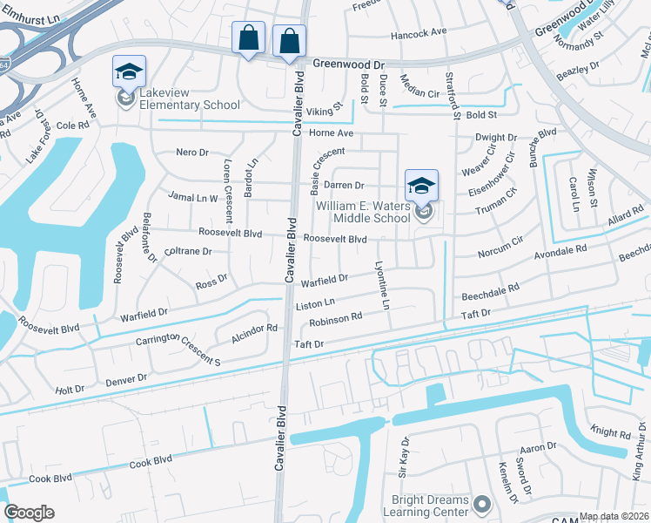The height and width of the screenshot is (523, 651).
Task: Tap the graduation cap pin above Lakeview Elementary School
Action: pyautogui.click(x=129, y=72)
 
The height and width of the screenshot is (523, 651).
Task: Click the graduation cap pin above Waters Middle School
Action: pyautogui.click(x=421, y=186)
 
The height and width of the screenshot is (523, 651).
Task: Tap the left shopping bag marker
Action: pyautogui.click(x=249, y=39)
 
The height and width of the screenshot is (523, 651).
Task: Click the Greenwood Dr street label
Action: pyautogui.click(x=348, y=65)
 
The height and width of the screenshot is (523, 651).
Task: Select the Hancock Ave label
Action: pyautogui.click(x=418, y=32)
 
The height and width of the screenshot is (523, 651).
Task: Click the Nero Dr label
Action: pyautogui.click(x=193, y=152)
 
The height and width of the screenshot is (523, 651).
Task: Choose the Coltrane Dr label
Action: pyautogui.click(x=188, y=251)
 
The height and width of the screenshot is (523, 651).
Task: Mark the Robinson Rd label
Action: pyautogui.click(x=335, y=320)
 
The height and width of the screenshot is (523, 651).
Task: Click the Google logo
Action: pyautogui.click(x=29, y=513)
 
